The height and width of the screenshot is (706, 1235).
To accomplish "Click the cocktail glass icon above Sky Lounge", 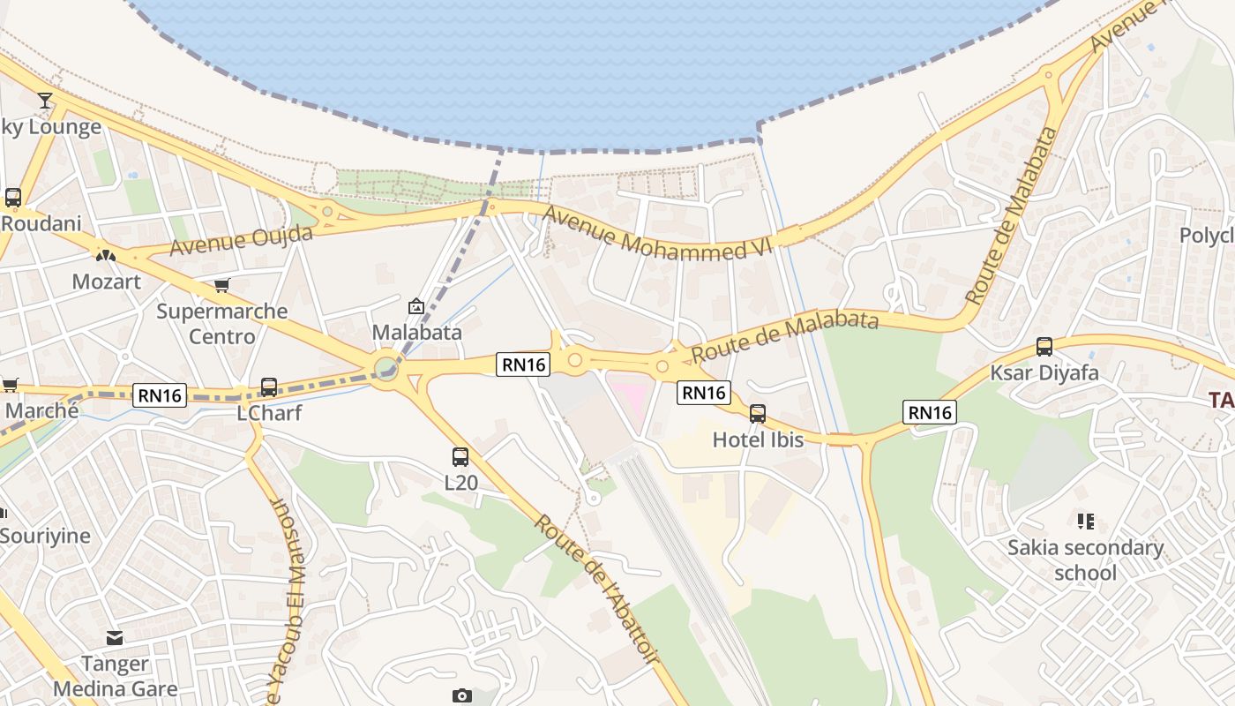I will pos(45,100).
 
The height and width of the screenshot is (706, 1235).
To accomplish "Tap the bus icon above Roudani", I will pos(12,197).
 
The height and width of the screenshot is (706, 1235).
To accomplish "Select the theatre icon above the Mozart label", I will pos(106,256).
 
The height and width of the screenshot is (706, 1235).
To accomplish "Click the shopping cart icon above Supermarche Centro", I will pos(222,285).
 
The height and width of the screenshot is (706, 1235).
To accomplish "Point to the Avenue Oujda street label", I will pos(241,240).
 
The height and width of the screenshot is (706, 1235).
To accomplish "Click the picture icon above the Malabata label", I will pos(416,306).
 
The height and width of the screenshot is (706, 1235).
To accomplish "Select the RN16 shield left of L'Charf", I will pos(160,394).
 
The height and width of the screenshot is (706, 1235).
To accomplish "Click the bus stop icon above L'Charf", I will pos(269,387).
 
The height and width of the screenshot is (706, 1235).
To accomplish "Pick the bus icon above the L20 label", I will pos(460,456).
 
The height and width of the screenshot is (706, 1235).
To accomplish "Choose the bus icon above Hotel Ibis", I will pos(757,413).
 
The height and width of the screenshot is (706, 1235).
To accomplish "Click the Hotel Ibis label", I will pos(758,439).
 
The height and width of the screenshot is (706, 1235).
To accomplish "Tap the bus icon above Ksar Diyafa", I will pos(1044,346).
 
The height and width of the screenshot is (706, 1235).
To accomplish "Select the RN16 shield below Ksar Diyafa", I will pos(930,411).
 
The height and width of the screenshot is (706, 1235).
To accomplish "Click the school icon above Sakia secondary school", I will pos(1085,522).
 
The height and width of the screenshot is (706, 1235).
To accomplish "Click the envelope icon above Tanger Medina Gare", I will pos(115,637).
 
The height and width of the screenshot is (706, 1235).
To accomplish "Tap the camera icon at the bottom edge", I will pos(461,696).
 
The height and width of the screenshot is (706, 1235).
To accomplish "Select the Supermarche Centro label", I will pos(221,324).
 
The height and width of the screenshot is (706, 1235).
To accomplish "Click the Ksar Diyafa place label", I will pos(1044,372).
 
